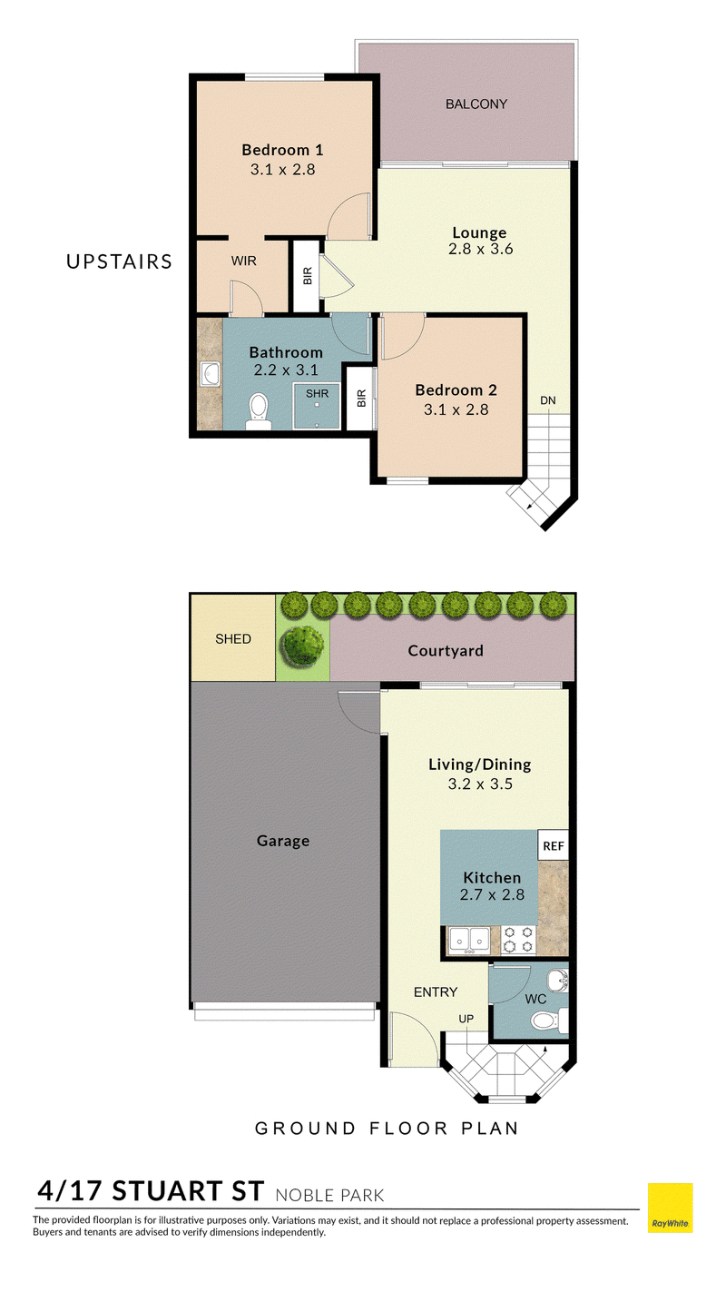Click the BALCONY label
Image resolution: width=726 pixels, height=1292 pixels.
[x=476, y=104]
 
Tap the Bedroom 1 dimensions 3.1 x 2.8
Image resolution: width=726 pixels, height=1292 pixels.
[x=282, y=170]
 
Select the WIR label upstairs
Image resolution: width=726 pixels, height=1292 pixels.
[x=243, y=261]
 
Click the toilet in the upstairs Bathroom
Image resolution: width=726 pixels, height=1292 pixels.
[x=259, y=411]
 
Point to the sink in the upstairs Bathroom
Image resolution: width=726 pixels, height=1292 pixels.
[x=210, y=374]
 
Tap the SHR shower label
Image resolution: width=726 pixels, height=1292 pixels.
[x=317, y=394]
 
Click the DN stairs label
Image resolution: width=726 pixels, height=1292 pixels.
[x=548, y=400]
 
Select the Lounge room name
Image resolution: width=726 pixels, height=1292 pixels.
[x=479, y=233]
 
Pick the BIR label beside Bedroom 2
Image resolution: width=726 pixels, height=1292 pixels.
[x=361, y=399]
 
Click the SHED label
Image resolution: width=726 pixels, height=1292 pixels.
[x=233, y=639]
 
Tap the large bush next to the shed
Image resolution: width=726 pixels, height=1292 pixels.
[x=301, y=644]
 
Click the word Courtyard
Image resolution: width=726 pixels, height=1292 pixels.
[x=446, y=651]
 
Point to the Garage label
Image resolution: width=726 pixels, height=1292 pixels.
[x=283, y=842]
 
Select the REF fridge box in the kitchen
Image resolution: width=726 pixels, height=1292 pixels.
[x=553, y=845]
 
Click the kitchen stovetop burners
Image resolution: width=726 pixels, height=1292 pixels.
[x=518, y=939]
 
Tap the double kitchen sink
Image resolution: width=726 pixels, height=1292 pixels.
[x=469, y=939]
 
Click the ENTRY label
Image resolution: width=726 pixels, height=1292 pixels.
[x=436, y=992]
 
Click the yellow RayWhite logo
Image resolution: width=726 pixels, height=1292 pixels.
[x=670, y=1208]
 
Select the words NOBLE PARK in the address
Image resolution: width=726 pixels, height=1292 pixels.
[x=329, y=1196]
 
